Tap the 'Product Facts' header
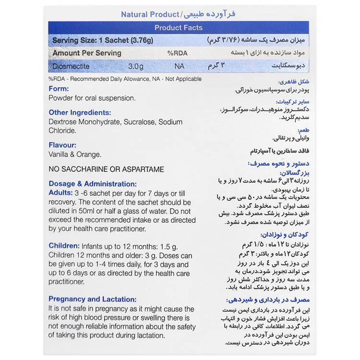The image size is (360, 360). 179,28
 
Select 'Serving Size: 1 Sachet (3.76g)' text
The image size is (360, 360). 96,40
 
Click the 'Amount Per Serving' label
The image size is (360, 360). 87,53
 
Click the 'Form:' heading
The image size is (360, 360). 59,89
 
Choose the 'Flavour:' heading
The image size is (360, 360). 62,145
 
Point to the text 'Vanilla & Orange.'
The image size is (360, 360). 75,154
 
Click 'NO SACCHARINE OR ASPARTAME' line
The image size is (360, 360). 106,169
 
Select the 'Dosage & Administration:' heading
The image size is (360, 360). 93,183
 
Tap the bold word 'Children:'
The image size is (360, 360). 64,245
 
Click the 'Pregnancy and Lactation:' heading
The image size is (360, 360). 93,299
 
